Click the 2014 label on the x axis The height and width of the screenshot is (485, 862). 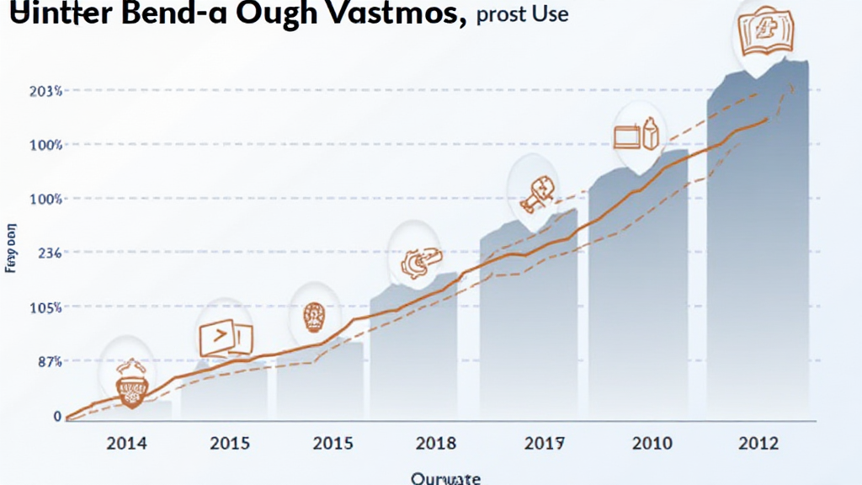pos(125,444)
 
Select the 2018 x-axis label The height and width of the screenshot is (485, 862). pos(436,444)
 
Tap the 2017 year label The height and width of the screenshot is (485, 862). pos(543,444)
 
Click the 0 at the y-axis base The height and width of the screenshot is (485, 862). pos(57,416)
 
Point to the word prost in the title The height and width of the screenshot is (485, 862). pos(502,16)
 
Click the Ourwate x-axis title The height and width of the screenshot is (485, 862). pos(445,477)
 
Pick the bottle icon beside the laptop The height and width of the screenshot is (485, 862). pos(649,134)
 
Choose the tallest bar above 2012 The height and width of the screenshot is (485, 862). pos(758,253)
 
